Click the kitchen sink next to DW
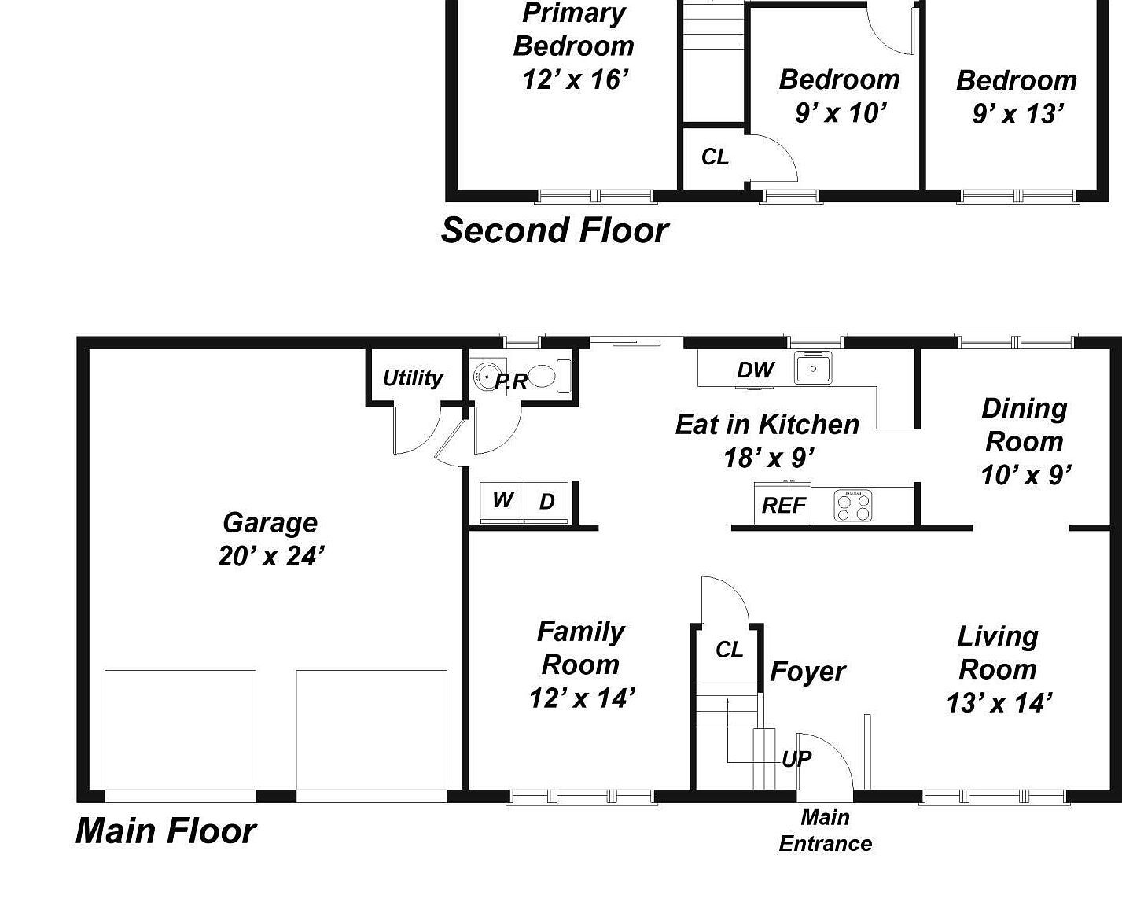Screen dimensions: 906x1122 813,368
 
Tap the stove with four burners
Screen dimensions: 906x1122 853,506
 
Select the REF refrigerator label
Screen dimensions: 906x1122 783,506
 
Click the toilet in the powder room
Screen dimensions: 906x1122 547,377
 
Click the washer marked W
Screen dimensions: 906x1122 502,500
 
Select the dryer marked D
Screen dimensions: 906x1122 547,502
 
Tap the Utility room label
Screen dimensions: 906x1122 413,378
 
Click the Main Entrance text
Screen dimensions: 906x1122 825,830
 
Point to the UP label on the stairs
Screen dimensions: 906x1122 796,759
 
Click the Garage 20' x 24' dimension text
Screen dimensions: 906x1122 270,556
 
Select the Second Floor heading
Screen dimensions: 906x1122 554,230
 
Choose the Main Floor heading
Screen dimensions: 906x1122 166,831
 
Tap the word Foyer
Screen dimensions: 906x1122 807,672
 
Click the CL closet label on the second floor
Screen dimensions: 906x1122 715,157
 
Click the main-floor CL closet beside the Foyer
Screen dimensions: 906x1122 729,650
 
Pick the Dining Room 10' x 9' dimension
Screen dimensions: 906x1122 1025,475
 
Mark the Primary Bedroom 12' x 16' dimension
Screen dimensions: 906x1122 575,79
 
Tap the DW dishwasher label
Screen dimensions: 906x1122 755,370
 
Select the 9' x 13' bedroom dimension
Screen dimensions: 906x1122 1017,114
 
